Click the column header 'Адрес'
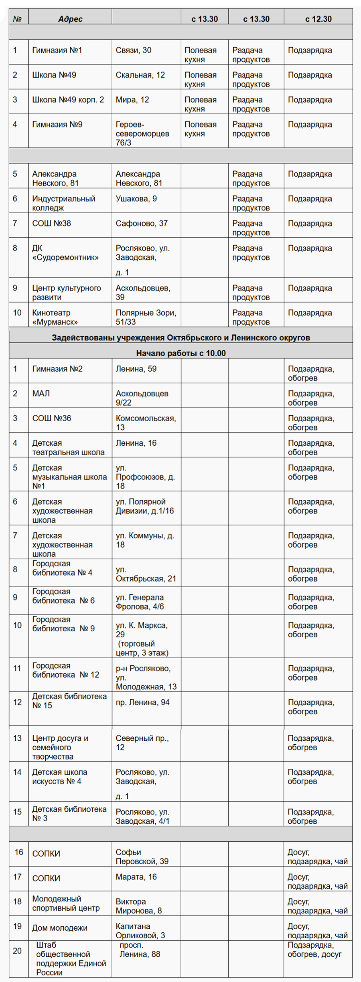pyautogui.click(x=70, y=19)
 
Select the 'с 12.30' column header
pyautogui.click(x=318, y=19)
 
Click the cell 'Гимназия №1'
pyautogui.click(x=57, y=51)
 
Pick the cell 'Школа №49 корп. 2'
pyautogui.click(x=68, y=100)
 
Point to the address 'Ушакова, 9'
pyautogui.click(x=136, y=199)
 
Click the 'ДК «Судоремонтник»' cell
pyautogui.click(x=65, y=253)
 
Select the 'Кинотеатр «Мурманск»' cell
pyautogui.click(x=55, y=317)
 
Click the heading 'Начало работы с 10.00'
pyautogui.click(x=181, y=353)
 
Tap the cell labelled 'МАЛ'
pyautogui.click(x=41, y=394)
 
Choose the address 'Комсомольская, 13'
pyautogui.click(x=146, y=423)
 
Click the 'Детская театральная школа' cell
pyautogui.click(x=68, y=448)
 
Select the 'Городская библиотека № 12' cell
pyautogui.click(x=65, y=670)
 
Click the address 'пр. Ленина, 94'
pyautogui.click(x=142, y=702)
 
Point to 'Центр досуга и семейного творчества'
pyautogui.click(x=60, y=747)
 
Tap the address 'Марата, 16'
pyautogui.click(x=136, y=877)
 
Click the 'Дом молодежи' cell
pyautogui.click(x=60, y=928)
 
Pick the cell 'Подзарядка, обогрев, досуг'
pyautogui.click(x=314, y=950)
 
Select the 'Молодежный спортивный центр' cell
pyautogui.click(x=66, y=903)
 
